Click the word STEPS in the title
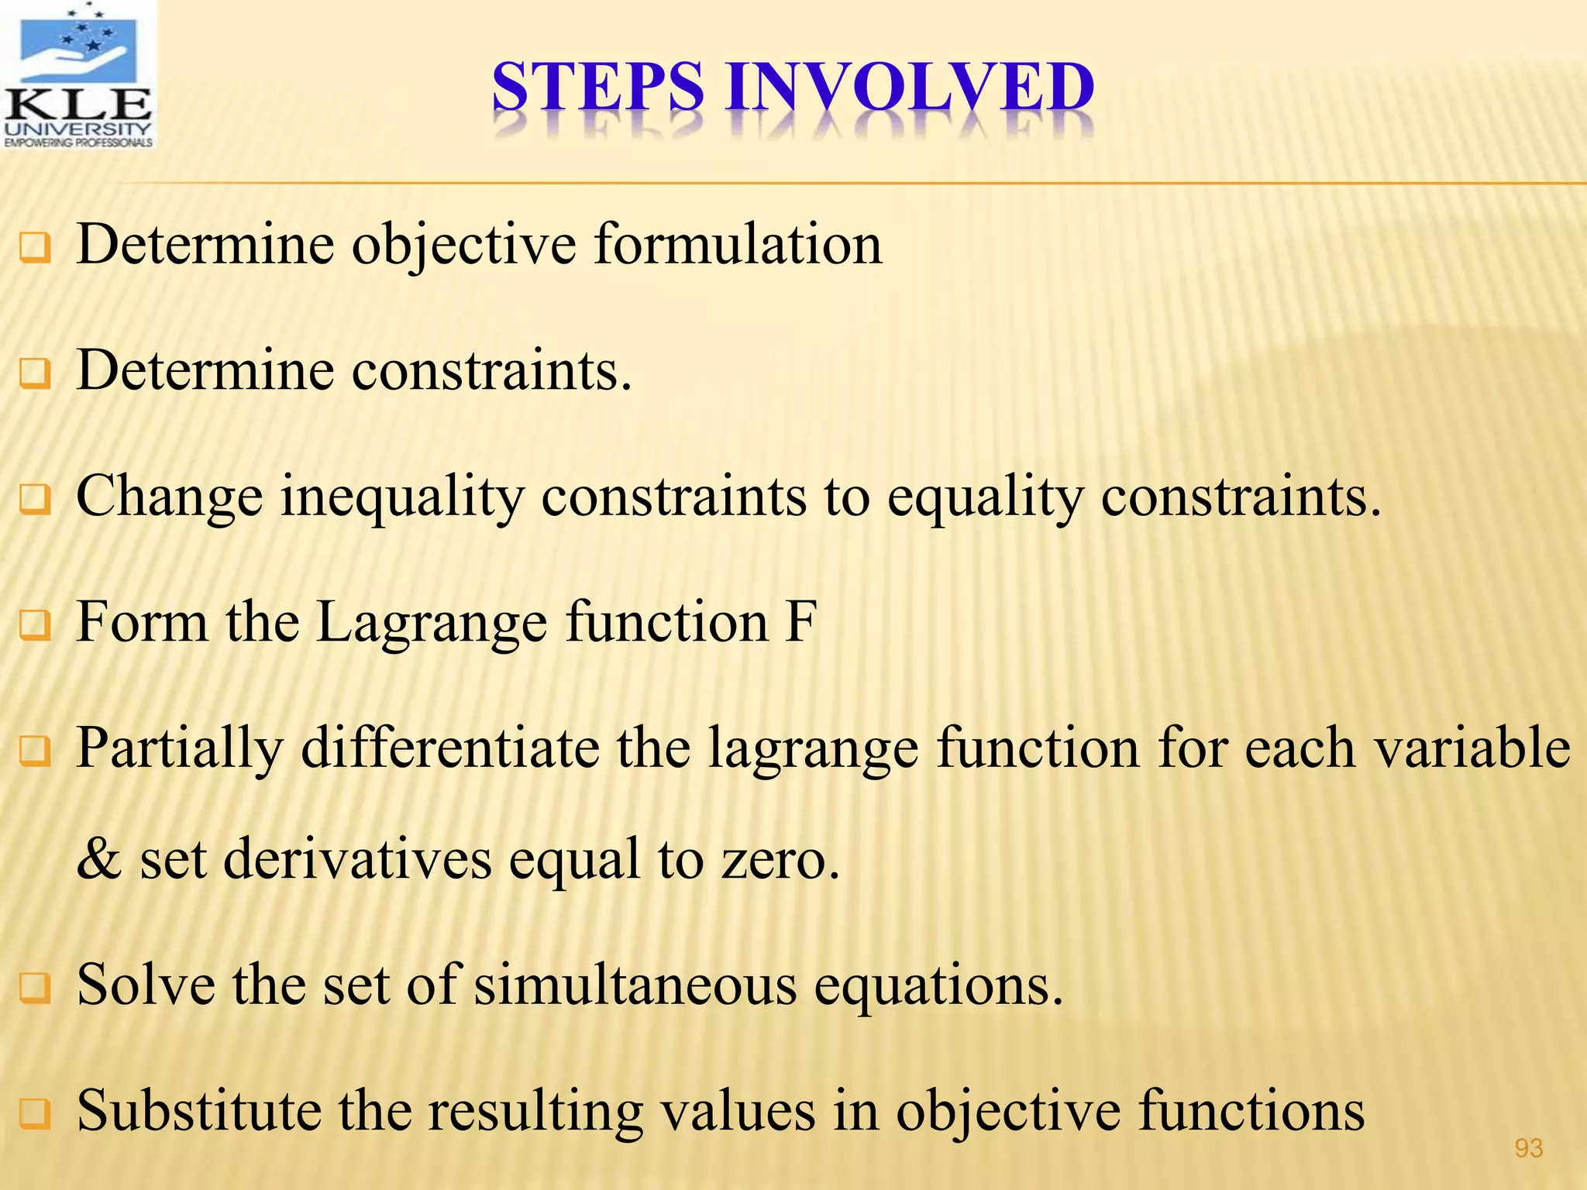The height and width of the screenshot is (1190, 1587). point(597,87)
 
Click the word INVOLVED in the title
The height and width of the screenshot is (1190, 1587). point(910,87)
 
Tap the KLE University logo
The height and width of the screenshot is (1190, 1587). point(78,75)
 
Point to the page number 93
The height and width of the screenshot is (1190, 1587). point(1528,1148)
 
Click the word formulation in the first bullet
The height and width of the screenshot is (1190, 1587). point(738,245)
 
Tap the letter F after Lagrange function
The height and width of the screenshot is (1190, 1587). point(800,621)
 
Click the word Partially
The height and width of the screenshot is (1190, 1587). point(180,748)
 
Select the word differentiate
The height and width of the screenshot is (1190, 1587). point(449,748)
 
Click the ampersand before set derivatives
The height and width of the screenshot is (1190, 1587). point(98,859)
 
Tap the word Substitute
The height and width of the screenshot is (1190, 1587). point(198,1111)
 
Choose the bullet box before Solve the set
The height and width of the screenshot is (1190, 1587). point(36,989)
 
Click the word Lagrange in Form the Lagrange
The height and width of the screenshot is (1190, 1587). point(432,623)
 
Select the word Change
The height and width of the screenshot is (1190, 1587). point(170,497)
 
